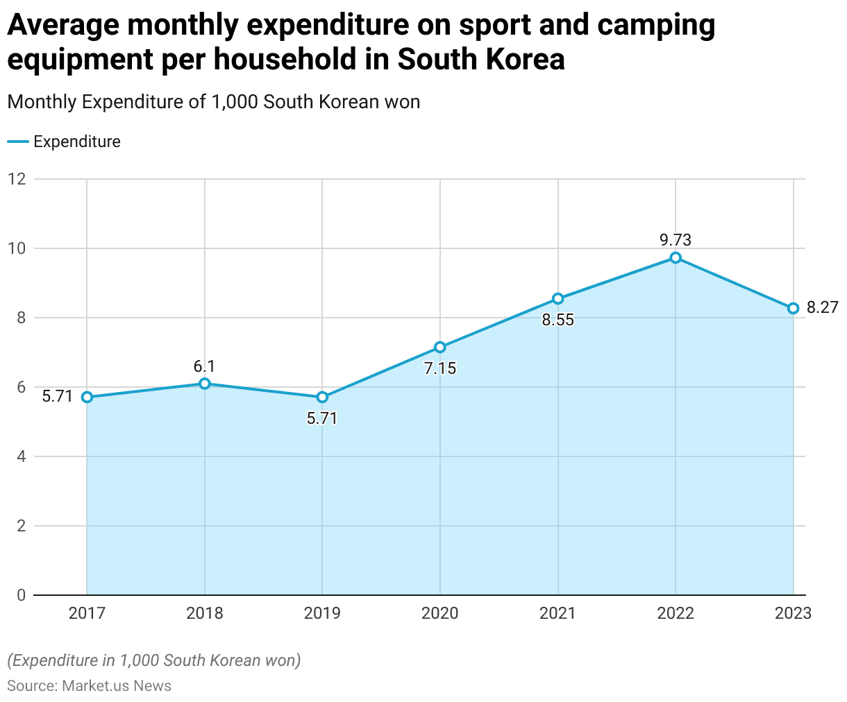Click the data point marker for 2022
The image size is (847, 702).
pyautogui.click(x=676, y=258)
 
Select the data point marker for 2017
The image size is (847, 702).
pyautogui.click(x=87, y=397)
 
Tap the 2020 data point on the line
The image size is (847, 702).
pyautogui.click(x=440, y=347)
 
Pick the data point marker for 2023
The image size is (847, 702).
pyautogui.click(x=793, y=308)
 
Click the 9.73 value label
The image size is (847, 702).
pyautogui.click(x=676, y=240)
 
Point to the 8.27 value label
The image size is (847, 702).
pyautogui.click(x=823, y=307)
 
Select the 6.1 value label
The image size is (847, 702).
pyautogui.click(x=204, y=366)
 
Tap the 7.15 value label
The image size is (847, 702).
pyautogui.click(x=440, y=368)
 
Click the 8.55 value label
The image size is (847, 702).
pyautogui.click(x=558, y=320)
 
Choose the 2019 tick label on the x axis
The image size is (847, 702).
pyautogui.click(x=322, y=613)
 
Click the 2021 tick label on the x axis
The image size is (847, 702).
pyautogui.click(x=558, y=613)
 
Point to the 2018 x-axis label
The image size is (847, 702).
pyautogui.click(x=204, y=613)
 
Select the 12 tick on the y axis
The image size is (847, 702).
pyautogui.click(x=17, y=179)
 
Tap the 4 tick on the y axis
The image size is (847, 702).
pyautogui.click(x=21, y=456)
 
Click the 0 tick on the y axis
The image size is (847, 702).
pyautogui.click(x=21, y=595)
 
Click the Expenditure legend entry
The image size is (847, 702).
pyautogui.click(x=76, y=142)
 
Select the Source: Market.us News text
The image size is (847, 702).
pyautogui.click(x=90, y=685)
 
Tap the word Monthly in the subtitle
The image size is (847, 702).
pyautogui.click(x=41, y=102)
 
